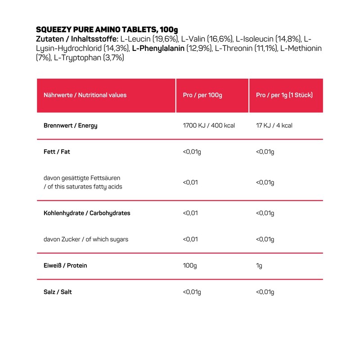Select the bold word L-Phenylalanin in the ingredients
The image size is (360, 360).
point(157,48)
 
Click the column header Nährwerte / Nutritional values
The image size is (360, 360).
point(85,95)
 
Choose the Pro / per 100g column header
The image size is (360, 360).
point(202,95)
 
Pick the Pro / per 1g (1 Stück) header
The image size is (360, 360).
point(284,95)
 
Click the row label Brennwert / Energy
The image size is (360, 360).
point(70,126)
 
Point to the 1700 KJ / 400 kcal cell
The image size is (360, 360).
point(209,126)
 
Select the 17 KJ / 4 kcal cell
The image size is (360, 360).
point(274,126)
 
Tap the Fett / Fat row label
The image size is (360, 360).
point(57,152)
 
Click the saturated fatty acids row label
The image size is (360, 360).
point(83,182)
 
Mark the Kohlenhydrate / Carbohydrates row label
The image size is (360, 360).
point(87,213)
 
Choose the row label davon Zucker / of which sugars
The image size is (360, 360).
point(86,239)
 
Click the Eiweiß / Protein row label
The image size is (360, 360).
point(65,265)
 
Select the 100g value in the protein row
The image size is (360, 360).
point(190,265)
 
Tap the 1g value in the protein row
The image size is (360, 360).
point(259,265)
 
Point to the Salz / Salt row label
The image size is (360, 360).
point(58,292)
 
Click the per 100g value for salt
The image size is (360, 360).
point(192,292)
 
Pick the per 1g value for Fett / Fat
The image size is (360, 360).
point(265,152)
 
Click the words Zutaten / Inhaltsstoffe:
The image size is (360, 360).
point(77,39)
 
